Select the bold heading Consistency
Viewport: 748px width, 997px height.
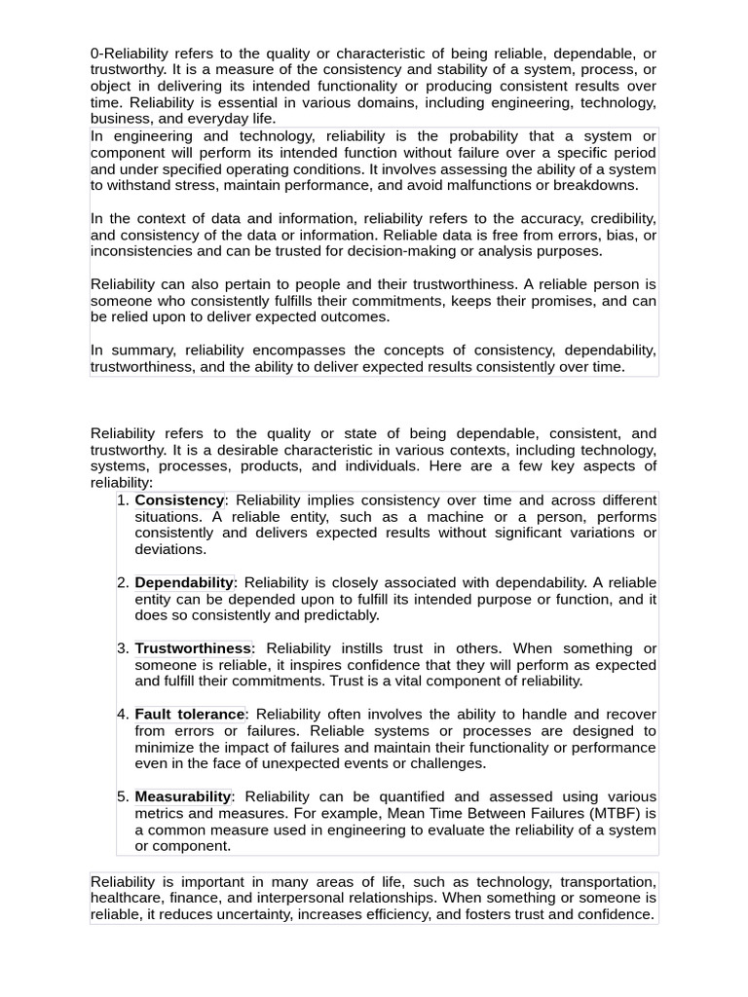click(x=179, y=499)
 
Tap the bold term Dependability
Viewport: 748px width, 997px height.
click(x=184, y=582)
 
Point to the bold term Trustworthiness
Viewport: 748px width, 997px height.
click(x=193, y=648)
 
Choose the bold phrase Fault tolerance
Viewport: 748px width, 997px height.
click(x=189, y=715)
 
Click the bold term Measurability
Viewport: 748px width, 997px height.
click(x=183, y=796)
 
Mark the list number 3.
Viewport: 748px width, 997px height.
click(x=123, y=648)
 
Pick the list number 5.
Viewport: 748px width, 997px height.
click(x=123, y=796)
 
